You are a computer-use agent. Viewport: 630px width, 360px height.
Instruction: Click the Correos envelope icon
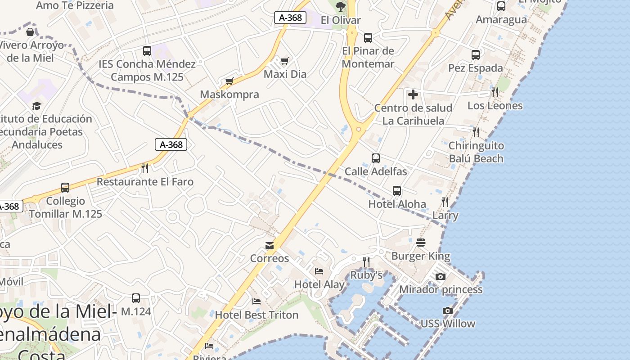[x=270, y=245]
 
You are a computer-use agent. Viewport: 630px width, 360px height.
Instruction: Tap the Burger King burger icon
[x=421, y=243]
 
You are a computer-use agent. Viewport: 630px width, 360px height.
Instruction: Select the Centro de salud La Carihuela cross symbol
[x=413, y=94]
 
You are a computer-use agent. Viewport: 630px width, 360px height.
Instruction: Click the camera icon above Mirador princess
[x=441, y=276]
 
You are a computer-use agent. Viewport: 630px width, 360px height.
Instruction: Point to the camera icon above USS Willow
[x=447, y=310]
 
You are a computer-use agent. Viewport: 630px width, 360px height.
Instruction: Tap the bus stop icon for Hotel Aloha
[x=397, y=191]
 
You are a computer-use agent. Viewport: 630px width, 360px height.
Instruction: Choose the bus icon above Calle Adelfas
[x=376, y=158]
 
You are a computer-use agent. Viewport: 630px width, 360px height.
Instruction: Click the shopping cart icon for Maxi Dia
[x=284, y=61]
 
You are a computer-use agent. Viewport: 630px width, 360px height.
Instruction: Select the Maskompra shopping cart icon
[x=229, y=81]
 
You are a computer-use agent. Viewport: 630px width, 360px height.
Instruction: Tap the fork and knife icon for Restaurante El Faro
[x=145, y=168]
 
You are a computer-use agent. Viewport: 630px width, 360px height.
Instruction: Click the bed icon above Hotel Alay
[x=319, y=271]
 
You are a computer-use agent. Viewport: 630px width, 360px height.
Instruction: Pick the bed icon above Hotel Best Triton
[x=256, y=301]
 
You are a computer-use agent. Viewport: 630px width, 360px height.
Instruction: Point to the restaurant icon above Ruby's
[x=366, y=261]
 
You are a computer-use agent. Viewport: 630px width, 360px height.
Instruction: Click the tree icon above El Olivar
[x=341, y=6]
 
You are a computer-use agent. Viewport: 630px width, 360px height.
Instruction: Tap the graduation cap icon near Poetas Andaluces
[x=36, y=106]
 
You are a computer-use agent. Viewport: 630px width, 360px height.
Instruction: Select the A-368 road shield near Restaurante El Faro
[x=171, y=144]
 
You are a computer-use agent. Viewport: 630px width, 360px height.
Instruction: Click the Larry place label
[x=445, y=215]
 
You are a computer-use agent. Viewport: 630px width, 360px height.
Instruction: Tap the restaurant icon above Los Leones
[x=495, y=92]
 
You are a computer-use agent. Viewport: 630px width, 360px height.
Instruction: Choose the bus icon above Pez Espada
[x=476, y=55]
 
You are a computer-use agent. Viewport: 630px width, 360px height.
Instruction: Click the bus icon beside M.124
[x=136, y=298]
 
